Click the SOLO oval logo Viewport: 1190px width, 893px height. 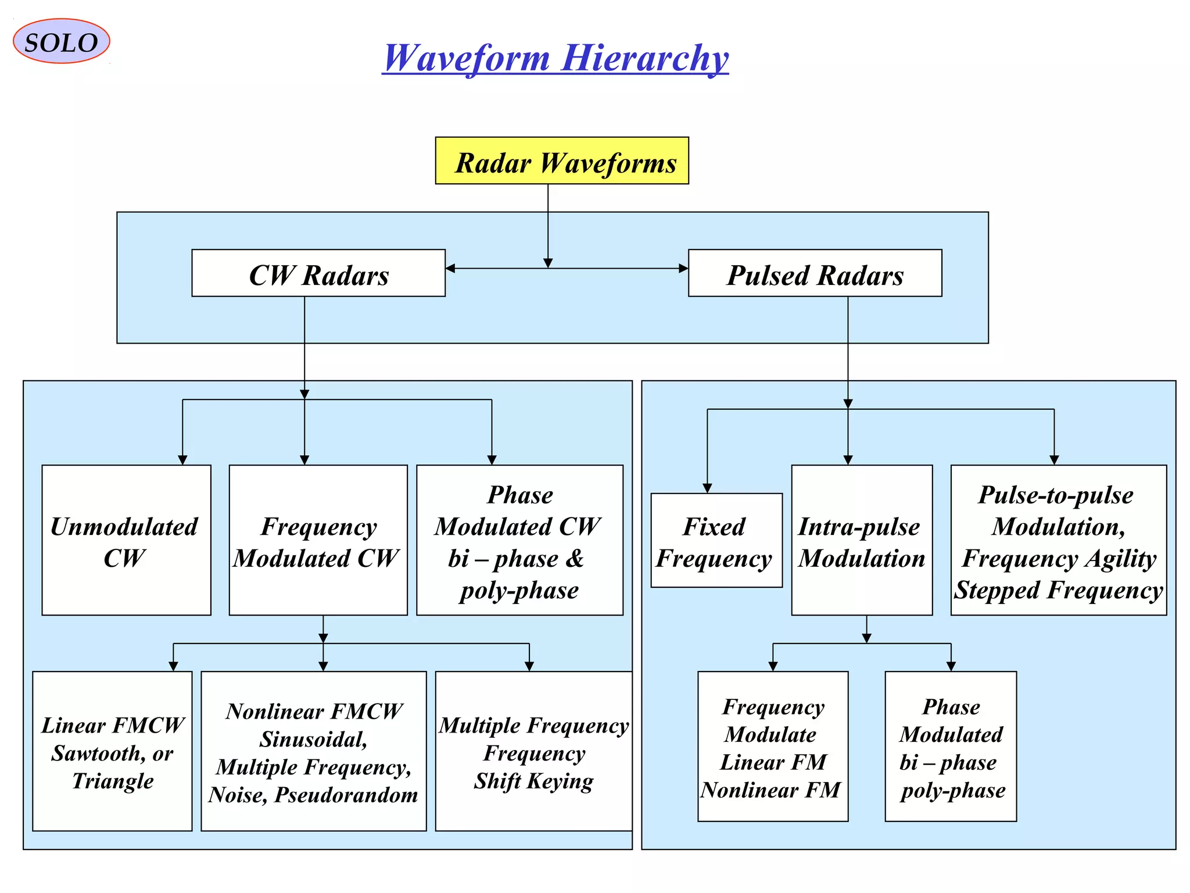(x=61, y=41)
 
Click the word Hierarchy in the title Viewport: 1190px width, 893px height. (x=644, y=58)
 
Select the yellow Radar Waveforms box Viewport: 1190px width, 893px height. (x=562, y=161)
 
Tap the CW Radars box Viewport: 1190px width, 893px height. (x=318, y=273)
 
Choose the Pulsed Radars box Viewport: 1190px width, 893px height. (x=815, y=273)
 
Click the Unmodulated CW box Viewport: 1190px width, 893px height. (x=126, y=540)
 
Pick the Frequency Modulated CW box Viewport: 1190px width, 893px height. (x=318, y=540)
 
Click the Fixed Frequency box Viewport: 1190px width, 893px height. (x=716, y=541)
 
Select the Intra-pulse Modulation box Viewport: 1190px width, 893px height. (x=862, y=540)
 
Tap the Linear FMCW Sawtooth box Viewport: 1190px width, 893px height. (x=112, y=751)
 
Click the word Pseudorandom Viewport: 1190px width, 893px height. (x=346, y=795)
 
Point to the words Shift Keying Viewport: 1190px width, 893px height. (x=533, y=781)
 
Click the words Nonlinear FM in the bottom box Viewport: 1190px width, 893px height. (x=770, y=790)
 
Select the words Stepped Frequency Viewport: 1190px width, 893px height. (x=1058, y=590)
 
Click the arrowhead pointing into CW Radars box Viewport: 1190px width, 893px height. (x=450, y=268)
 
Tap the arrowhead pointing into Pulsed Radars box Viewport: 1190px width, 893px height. (x=683, y=268)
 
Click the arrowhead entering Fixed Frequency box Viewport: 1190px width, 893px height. (x=707, y=488)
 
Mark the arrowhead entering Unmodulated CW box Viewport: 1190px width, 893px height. (x=182, y=460)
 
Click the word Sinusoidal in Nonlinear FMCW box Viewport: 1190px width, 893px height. (x=313, y=740)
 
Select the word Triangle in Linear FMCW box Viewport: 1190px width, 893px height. (x=113, y=781)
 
